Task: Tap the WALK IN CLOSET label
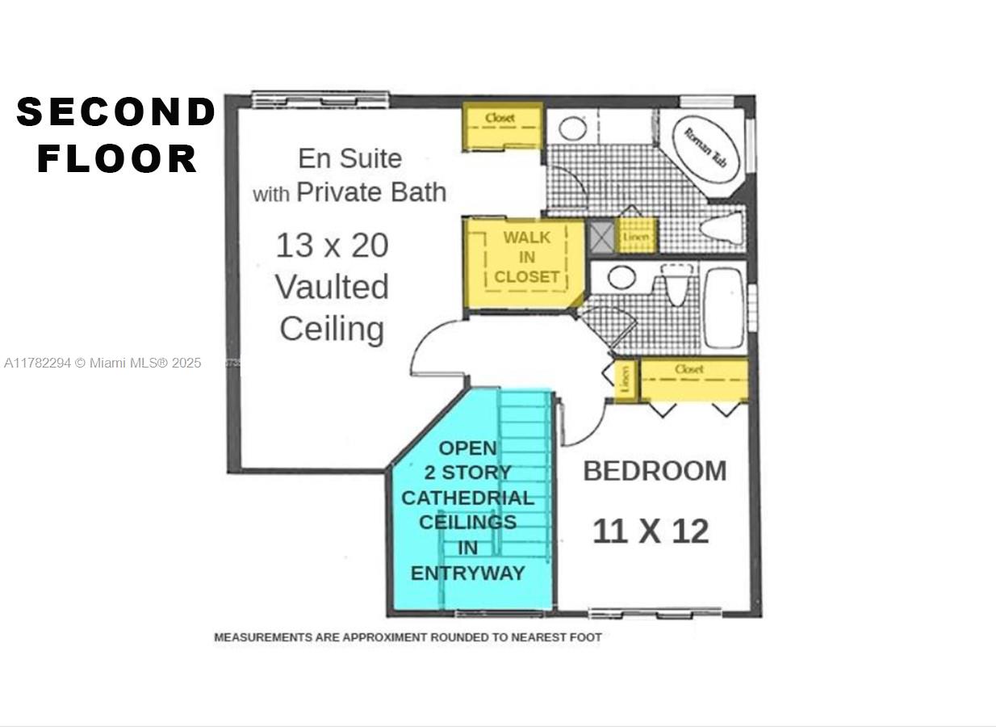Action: tap(526, 257)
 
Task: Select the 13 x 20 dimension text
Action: tap(333, 245)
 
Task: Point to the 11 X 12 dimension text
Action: tap(651, 532)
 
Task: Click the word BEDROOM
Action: tap(655, 471)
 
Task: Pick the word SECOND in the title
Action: tap(116, 111)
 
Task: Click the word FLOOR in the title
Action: tap(117, 158)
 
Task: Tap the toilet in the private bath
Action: tap(722, 229)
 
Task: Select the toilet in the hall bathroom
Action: tap(676, 284)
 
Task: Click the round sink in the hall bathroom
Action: tap(621, 278)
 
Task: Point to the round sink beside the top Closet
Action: tap(573, 128)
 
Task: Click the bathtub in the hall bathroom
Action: tap(724, 308)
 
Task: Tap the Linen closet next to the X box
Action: tap(636, 236)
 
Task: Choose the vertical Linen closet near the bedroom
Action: tap(626, 380)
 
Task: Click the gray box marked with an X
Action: tap(601, 236)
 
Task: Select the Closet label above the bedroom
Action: tap(688, 369)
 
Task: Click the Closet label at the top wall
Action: tap(500, 118)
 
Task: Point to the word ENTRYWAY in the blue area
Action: tap(468, 573)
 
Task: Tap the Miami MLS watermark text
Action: tap(103, 363)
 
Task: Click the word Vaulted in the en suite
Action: tap(333, 287)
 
